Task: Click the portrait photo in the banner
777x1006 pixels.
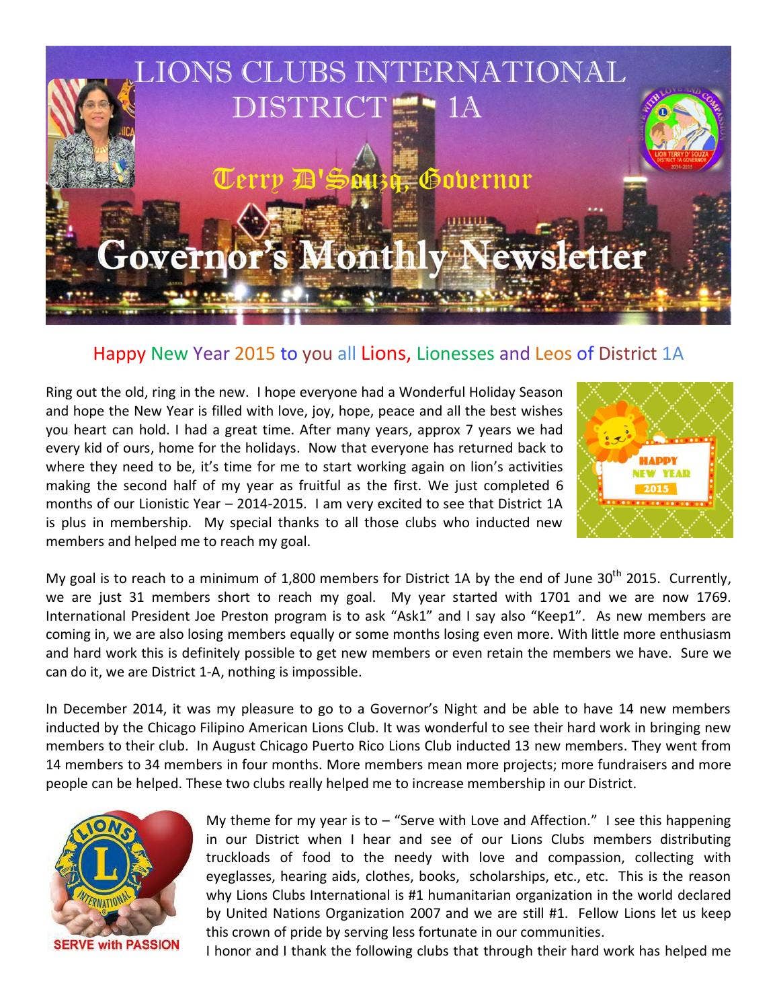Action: coord(91,132)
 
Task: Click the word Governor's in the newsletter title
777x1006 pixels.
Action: coord(192,257)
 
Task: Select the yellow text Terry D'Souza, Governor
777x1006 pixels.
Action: coord(372,180)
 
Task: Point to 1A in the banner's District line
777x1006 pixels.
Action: coord(463,108)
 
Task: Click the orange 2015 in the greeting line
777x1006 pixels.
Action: coord(255,354)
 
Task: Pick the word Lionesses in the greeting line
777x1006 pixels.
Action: coord(455,354)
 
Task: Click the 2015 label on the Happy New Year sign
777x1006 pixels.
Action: coord(655,489)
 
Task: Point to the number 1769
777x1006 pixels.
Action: coord(712,597)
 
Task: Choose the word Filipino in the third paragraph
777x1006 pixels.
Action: coord(220,728)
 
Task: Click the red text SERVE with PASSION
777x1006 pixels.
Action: coord(116,945)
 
